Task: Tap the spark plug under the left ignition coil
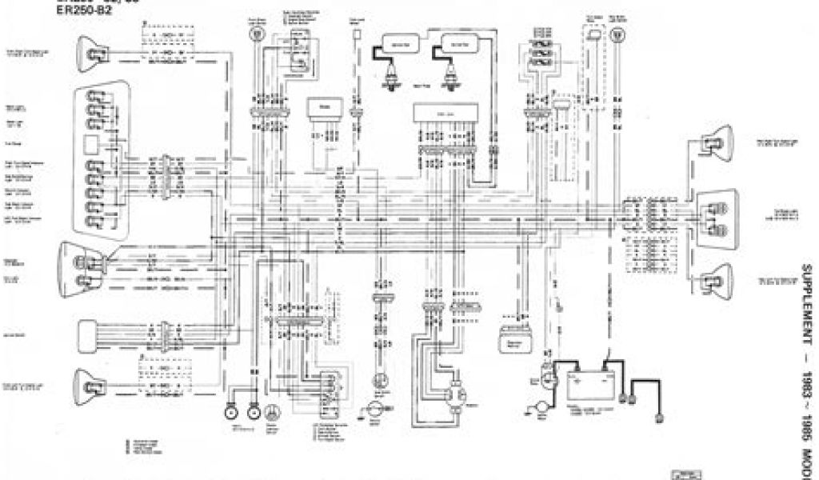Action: coord(393,78)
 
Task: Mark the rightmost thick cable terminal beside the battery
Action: coord(658,417)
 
